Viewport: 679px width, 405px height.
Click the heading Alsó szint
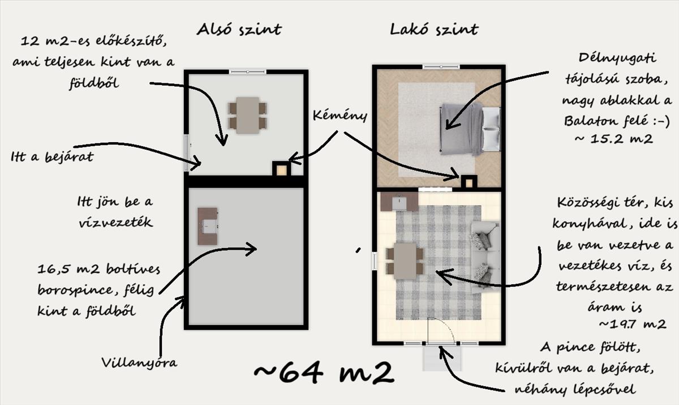pos(238,29)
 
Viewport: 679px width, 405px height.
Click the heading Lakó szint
pos(434,29)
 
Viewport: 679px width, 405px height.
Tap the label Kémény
pos(339,116)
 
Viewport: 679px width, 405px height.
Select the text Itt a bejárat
pos(51,157)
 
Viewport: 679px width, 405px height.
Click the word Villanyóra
pos(139,362)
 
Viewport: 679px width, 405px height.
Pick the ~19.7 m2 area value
pos(631,325)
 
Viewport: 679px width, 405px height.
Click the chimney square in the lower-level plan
pos(282,169)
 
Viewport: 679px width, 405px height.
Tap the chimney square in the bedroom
pos(469,182)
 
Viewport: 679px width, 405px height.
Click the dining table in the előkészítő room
pos(248,115)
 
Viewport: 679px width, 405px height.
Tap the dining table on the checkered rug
pos(405,261)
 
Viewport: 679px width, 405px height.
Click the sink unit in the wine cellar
pos(208,226)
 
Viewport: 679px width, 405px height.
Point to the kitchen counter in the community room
pos(399,202)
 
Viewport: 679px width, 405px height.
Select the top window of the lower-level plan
pos(247,71)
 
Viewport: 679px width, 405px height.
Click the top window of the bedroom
pos(441,67)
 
